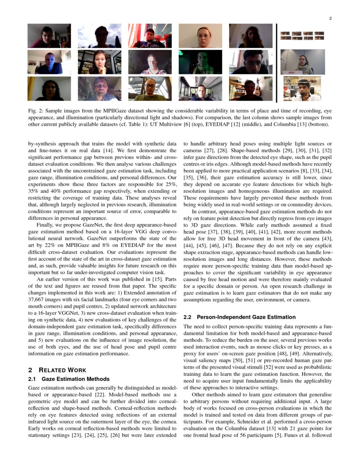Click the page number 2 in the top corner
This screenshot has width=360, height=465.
[x=330, y=18]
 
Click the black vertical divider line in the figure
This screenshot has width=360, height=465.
[x=276, y=63]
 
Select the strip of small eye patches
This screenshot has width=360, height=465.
[x=302, y=36]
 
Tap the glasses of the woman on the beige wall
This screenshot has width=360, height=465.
[x=203, y=36]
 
